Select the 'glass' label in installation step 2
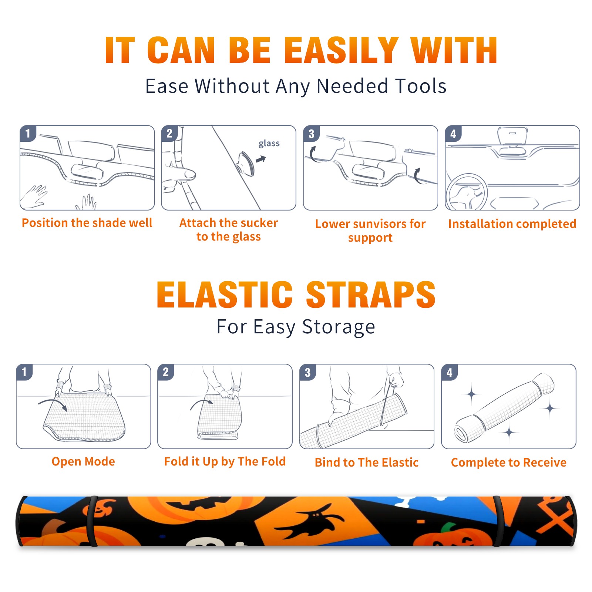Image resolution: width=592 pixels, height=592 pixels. (x=269, y=143)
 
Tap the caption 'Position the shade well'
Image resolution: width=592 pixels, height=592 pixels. (x=87, y=223)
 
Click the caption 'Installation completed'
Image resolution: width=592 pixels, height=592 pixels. (x=512, y=224)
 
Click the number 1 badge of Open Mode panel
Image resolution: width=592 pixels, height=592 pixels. (x=24, y=372)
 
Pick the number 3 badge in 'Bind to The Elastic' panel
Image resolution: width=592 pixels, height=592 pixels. (x=308, y=372)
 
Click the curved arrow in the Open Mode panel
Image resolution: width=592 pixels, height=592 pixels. (x=53, y=404)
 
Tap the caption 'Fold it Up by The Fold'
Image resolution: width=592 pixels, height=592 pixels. (x=225, y=461)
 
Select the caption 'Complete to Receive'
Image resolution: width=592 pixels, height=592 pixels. (x=509, y=462)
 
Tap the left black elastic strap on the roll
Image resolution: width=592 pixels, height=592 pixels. (x=92, y=521)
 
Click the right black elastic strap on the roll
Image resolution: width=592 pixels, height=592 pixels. (x=498, y=521)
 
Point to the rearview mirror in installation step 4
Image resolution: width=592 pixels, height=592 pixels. (x=512, y=136)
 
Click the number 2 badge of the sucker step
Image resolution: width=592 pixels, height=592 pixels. (x=169, y=133)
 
